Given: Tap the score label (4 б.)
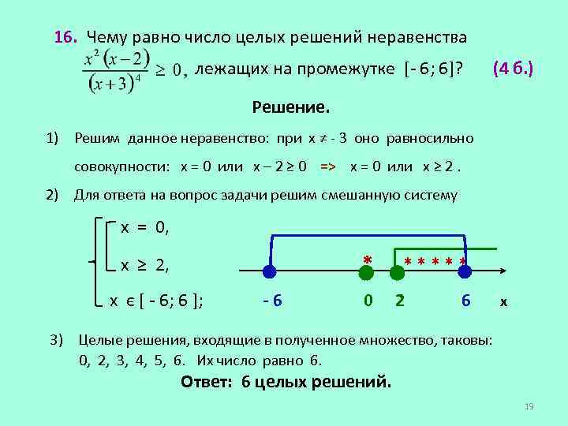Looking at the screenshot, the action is pos(513,69).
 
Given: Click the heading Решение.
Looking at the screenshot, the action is pos(291,106).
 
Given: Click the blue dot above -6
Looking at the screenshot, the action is pos(269,272).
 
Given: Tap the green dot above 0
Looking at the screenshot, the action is pos(366,272).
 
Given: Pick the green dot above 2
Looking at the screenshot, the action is pos(399,272).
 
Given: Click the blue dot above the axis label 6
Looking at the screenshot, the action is pos(465,272).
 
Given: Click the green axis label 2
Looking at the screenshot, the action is pos(400,301).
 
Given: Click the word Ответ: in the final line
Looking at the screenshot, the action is pos(208,382).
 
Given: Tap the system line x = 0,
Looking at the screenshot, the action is pos(144,228).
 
